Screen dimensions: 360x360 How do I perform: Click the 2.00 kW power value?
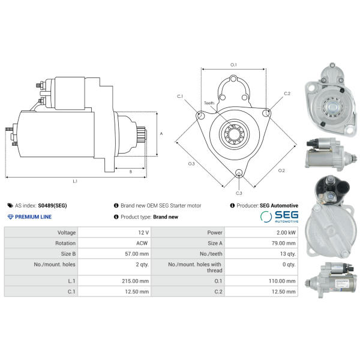[x=286, y=233]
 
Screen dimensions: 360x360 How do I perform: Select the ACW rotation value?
[x=142, y=243]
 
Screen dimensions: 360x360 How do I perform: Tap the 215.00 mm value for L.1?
[x=135, y=281]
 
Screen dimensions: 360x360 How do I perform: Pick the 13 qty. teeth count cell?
[x=287, y=254]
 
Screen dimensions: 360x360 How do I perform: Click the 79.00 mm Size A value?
[x=284, y=243]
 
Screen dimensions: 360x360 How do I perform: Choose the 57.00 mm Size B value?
[x=137, y=254]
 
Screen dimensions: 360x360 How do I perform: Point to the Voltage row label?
[x=67, y=233]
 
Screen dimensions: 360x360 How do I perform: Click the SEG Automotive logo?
[x=279, y=217]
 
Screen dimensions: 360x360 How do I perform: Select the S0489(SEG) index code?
[x=52, y=205]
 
